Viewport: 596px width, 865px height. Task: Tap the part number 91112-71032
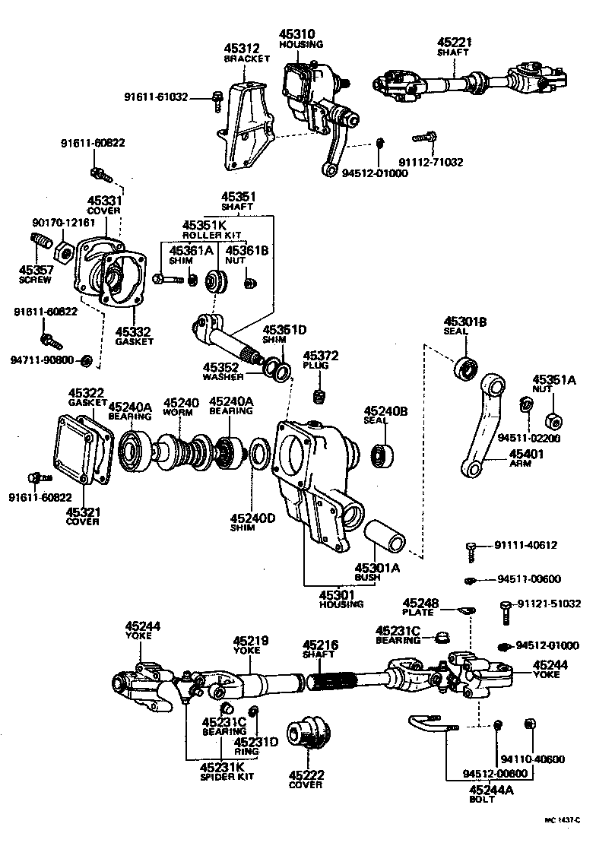(x=430, y=162)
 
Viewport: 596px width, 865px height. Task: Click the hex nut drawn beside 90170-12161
(x=65, y=250)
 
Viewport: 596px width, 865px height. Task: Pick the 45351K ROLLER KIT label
(x=204, y=230)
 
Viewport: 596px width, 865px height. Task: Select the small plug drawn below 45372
(x=319, y=395)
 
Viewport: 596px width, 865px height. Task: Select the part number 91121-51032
(x=549, y=604)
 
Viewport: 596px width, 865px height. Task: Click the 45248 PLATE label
(x=420, y=607)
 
